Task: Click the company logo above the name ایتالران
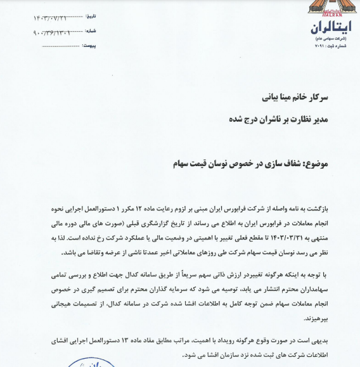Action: click(330, 10)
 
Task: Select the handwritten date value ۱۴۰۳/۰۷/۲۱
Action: click(53, 18)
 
